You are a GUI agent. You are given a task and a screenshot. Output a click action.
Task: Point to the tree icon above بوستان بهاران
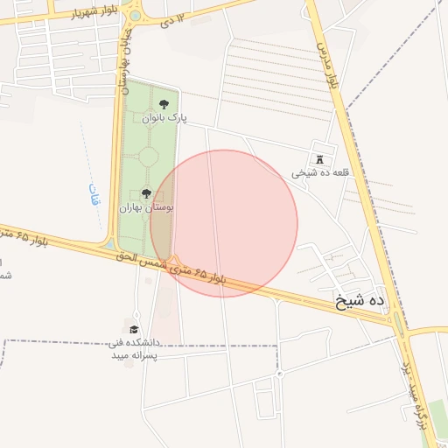146,193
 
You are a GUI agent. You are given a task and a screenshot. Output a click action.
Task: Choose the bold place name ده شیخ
361,301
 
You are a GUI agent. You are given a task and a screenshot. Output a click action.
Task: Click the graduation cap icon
134,330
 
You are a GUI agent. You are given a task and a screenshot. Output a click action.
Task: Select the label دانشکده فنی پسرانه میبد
133,349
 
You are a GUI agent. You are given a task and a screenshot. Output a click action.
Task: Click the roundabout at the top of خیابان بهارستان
134,15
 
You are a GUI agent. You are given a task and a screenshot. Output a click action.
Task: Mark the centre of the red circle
224,223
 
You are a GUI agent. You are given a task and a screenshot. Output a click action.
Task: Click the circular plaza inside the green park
148,157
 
